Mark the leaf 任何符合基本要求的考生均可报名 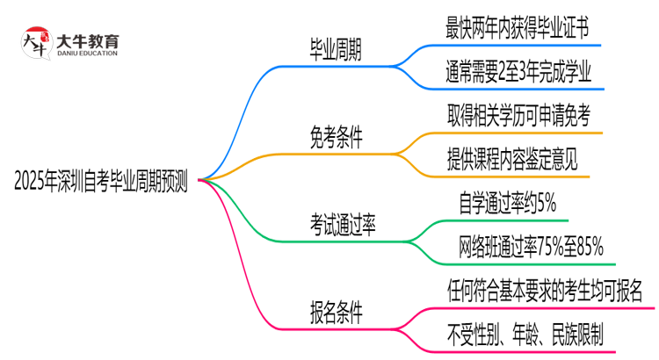coord(544,289)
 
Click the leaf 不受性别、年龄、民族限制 coord(524,335)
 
